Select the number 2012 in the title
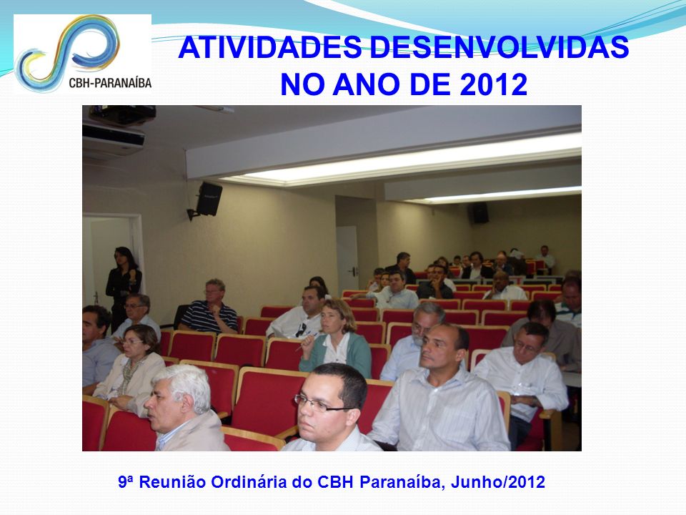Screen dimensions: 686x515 494,84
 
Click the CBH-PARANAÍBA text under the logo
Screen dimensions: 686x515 110,83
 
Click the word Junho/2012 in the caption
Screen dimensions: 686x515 498,482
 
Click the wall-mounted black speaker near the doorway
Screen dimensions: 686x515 206,200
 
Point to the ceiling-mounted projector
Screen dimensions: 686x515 122,114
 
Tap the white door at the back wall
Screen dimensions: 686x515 347,254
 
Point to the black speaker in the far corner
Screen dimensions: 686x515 479,213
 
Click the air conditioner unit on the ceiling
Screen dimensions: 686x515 114,140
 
